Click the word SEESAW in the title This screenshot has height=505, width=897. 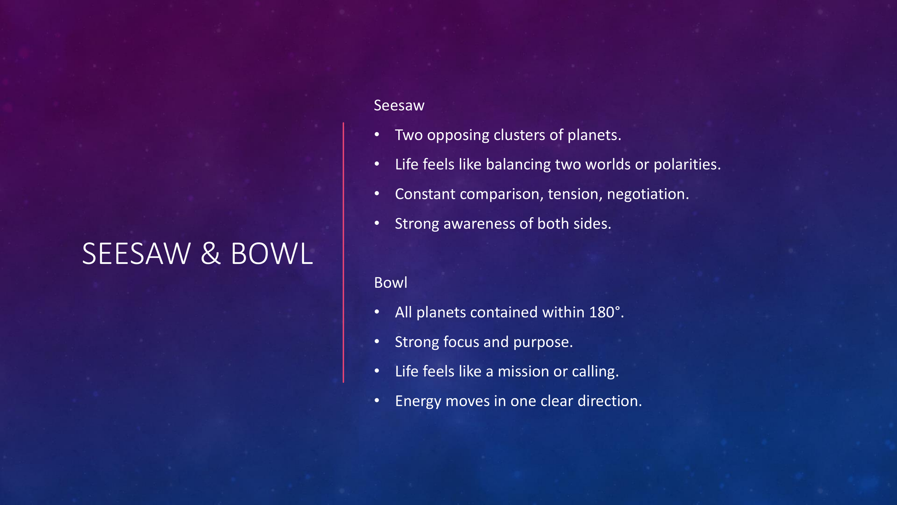pos(136,254)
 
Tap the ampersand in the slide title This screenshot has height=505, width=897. pos(210,254)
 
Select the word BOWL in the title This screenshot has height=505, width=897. pos(272,254)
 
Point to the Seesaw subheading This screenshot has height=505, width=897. pos(399,106)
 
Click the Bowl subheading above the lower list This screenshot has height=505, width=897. pos(390,283)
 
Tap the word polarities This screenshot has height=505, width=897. pos(687,165)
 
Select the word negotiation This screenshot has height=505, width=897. pos(648,194)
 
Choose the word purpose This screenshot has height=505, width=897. pos(543,342)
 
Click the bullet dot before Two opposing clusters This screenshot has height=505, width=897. pos(377,135)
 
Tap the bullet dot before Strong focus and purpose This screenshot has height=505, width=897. pos(377,342)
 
